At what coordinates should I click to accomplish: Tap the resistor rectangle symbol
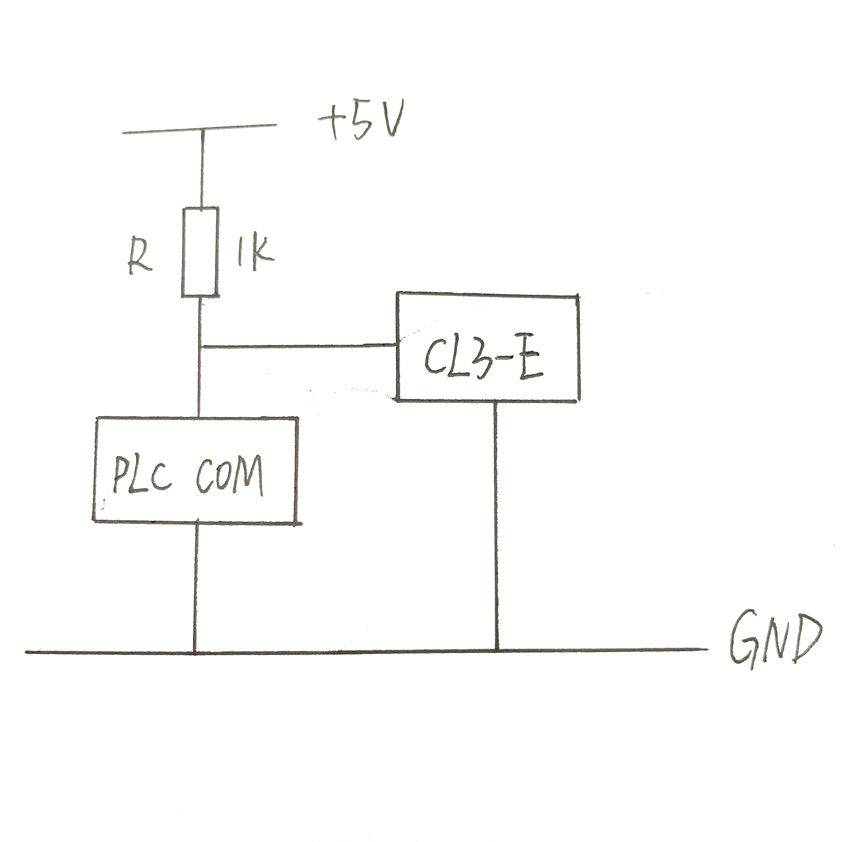click(200, 253)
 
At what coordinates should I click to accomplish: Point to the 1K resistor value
click(255, 255)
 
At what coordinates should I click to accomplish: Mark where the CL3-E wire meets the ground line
click(496, 650)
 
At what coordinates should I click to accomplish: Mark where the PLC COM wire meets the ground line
click(195, 652)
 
